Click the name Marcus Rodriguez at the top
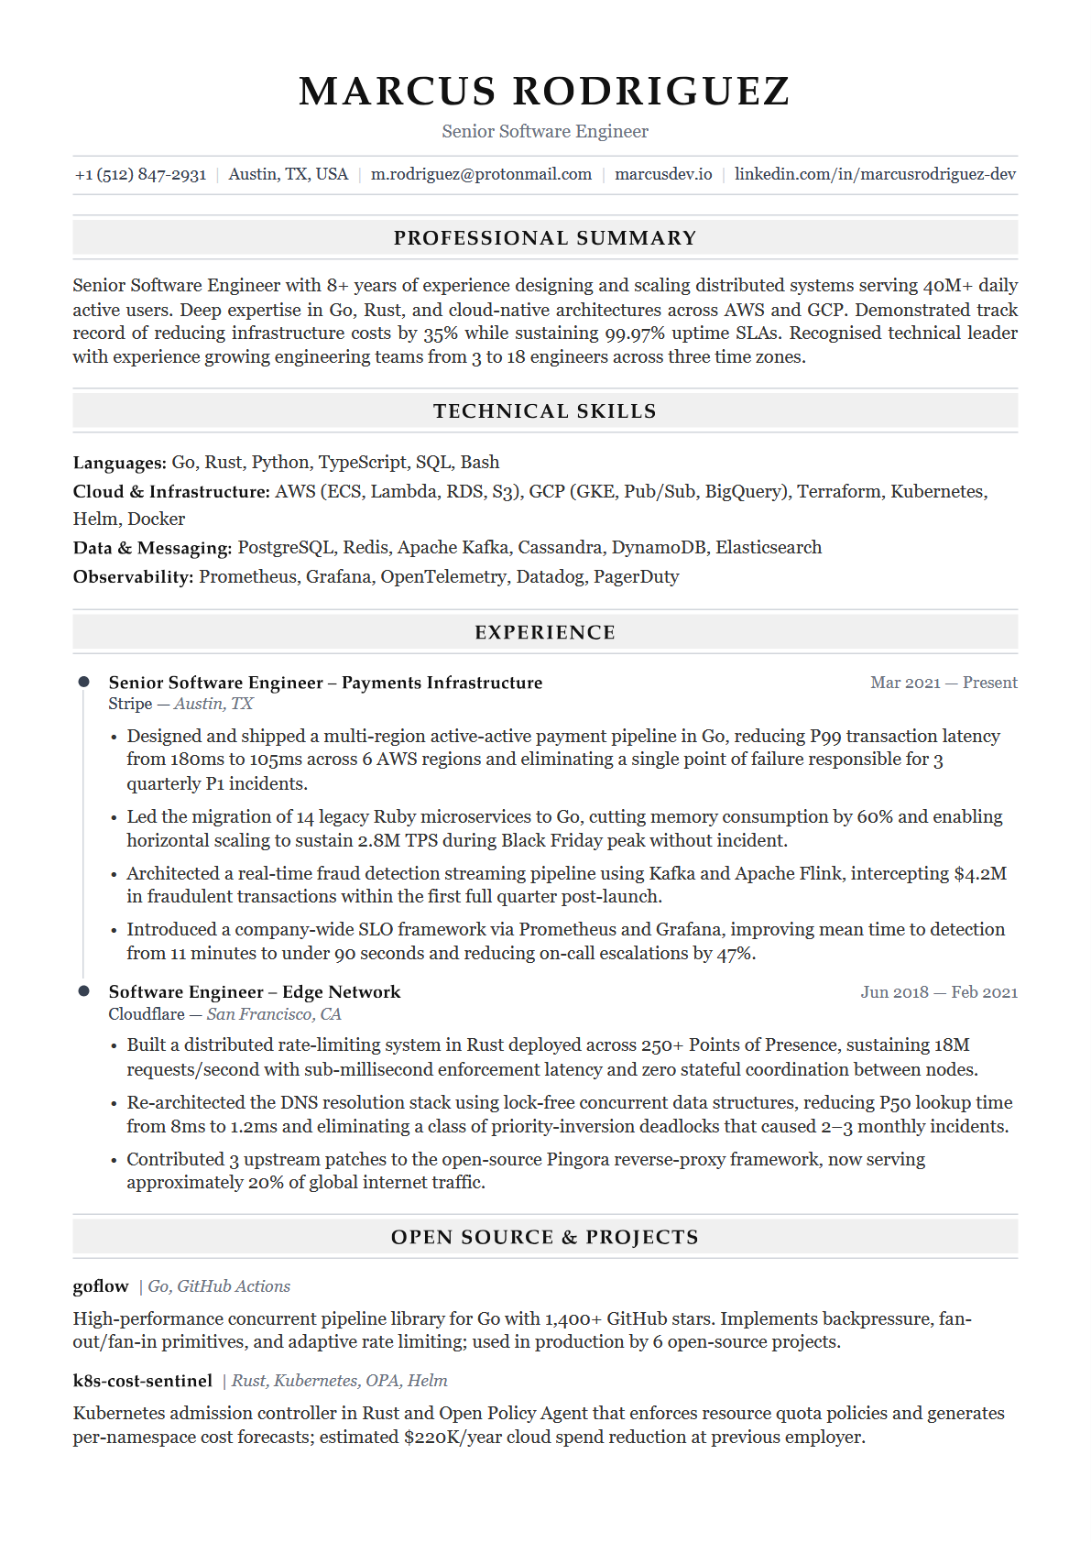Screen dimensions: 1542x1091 [x=544, y=92]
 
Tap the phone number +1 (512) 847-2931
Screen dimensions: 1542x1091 [x=140, y=174]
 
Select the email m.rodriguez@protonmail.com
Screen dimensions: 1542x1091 [x=481, y=174]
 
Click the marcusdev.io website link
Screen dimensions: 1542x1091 [x=663, y=174]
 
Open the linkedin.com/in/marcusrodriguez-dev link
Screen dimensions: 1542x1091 [x=875, y=174]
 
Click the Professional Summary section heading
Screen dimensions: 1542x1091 [x=545, y=238]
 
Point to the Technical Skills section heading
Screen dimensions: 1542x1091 [x=545, y=411]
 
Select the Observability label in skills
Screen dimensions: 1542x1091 [x=133, y=577]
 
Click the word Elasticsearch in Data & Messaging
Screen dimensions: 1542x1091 [x=769, y=548]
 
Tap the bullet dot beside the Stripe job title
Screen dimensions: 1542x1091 [x=84, y=682]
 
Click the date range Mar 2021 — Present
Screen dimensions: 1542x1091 [x=944, y=683]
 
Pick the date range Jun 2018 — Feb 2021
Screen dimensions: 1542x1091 [x=939, y=992]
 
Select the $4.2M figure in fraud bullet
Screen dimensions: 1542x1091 [x=980, y=874]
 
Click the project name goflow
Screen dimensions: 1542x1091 [x=101, y=1286]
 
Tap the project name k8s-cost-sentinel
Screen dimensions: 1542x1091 [x=142, y=1381]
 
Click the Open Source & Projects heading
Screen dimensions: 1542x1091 [x=545, y=1238]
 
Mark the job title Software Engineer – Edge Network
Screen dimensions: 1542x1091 [x=255, y=992]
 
